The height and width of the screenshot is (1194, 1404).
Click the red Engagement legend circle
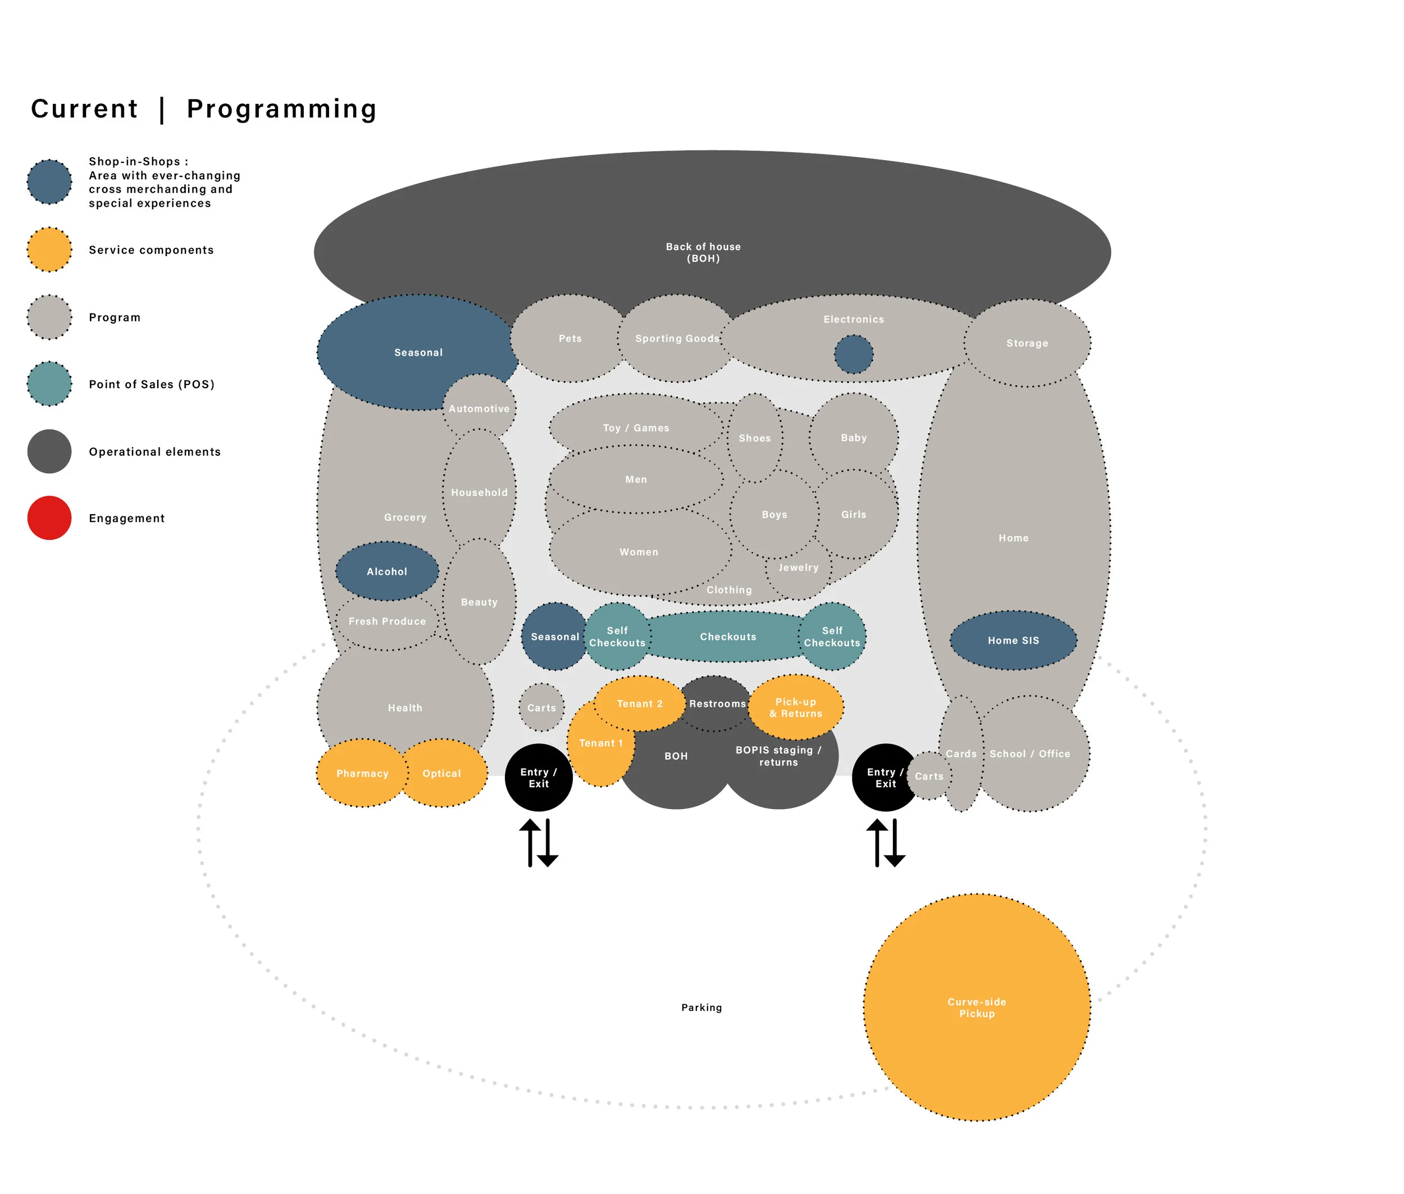click(x=49, y=518)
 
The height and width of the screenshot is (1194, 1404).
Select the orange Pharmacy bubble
click(x=362, y=773)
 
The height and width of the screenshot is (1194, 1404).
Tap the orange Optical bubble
click(x=442, y=773)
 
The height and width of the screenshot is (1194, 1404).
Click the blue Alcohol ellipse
click(x=386, y=571)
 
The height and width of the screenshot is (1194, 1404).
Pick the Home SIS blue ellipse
click(x=1013, y=641)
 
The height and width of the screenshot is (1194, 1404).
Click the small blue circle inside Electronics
click(x=853, y=354)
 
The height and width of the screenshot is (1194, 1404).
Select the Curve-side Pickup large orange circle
click(x=977, y=1007)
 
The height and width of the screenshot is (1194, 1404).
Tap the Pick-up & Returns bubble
click(x=796, y=707)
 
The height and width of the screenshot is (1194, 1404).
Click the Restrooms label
click(x=717, y=704)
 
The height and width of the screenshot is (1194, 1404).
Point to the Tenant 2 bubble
click(x=640, y=704)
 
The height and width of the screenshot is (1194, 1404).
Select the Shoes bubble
click(x=754, y=438)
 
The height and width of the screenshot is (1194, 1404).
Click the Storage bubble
click(x=1027, y=343)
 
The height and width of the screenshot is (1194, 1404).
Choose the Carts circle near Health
click(x=541, y=707)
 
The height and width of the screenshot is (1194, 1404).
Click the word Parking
click(x=701, y=1007)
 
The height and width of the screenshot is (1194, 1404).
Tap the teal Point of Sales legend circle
click(x=49, y=384)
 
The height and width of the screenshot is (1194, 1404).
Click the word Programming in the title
click(x=281, y=109)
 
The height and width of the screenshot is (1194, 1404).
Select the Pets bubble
click(x=569, y=338)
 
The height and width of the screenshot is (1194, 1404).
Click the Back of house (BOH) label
click(x=703, y=252)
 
